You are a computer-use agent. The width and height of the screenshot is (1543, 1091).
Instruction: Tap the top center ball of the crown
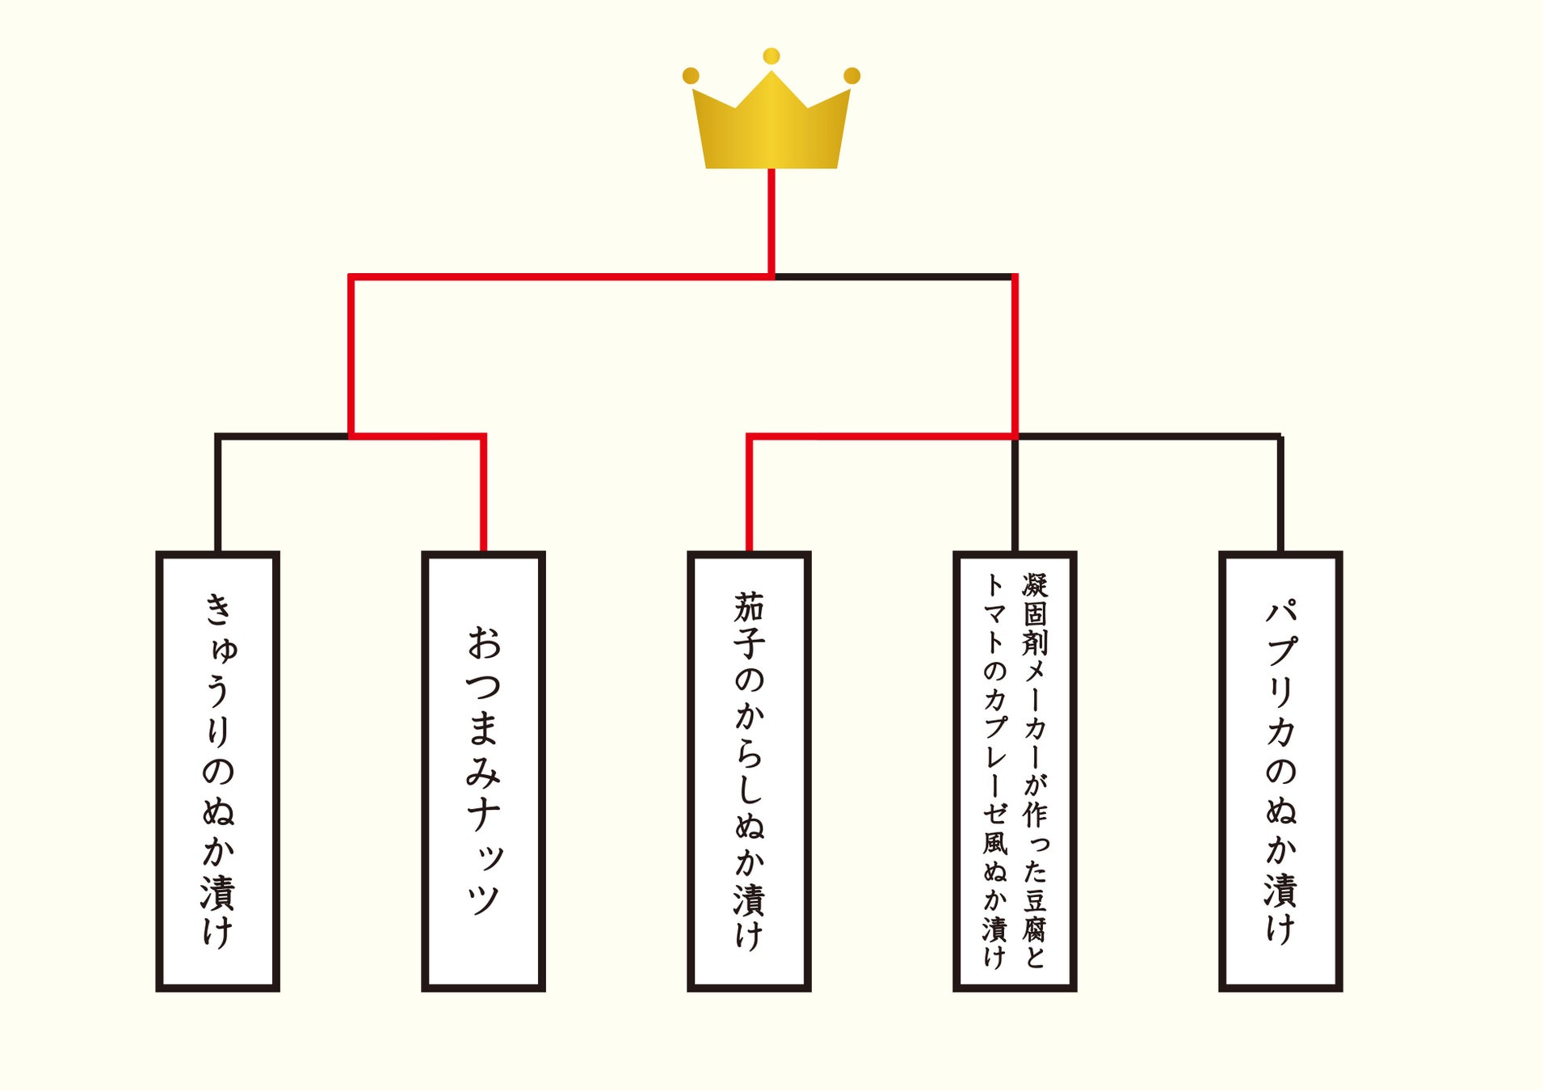(x=771, y=56)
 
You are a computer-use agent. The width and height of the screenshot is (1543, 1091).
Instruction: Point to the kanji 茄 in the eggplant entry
(x=749, y=607)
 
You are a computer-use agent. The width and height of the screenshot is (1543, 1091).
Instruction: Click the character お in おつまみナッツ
(x=484, y=642)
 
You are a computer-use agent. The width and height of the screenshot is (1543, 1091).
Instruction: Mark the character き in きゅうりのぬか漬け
(x=218, y=609)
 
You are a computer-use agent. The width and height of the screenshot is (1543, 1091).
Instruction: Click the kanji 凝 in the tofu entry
(x=1035, y=585)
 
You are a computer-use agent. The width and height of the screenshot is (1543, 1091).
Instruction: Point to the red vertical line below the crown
(x=771, y=222)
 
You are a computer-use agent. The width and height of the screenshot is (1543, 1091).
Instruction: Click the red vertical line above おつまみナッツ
(x=483, y=493)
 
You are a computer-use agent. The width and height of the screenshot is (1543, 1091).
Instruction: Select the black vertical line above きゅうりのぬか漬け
(x=218, y=493)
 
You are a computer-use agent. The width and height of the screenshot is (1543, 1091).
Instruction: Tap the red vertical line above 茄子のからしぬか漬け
(x=749, y=493)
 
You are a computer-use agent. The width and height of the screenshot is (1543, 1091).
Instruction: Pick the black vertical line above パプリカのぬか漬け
(x=1280, y=493)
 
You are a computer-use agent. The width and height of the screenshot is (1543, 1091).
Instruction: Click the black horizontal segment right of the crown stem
(x=893, y=276)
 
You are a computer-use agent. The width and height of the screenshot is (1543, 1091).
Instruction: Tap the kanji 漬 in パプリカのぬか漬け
(x=1281, y=890)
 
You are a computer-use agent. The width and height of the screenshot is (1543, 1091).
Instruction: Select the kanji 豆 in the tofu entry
(x=1035, y=900)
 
